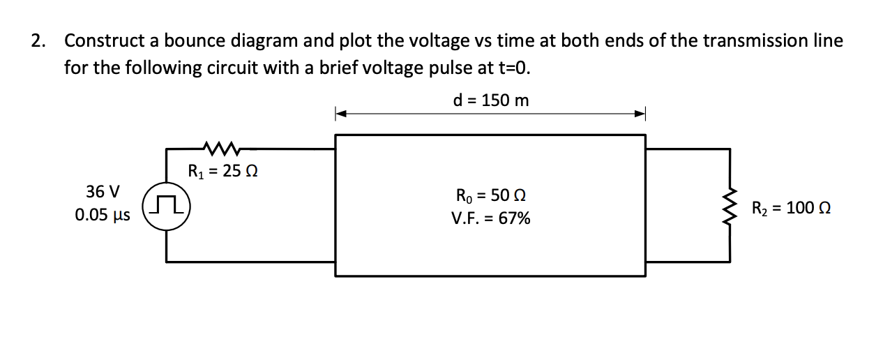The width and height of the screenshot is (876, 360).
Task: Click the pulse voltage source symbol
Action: (x=167, y=204)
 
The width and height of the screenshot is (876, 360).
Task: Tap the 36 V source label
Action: (x=103, y=191)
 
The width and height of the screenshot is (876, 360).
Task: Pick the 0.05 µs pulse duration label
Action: (x=102, y=215)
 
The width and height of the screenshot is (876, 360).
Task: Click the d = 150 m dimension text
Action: (x=490, y=100)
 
